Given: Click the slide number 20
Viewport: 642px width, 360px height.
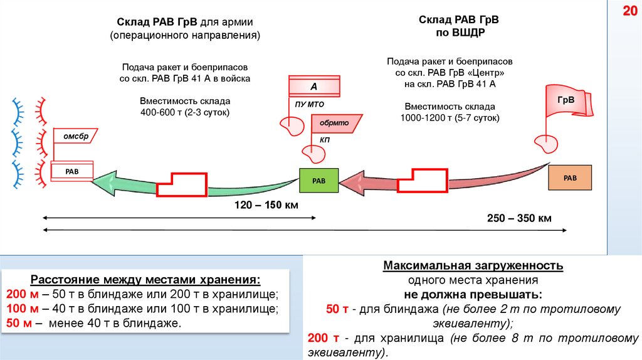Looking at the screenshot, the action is coord(628,12).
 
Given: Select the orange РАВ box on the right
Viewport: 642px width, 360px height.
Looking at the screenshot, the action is coord(570,178).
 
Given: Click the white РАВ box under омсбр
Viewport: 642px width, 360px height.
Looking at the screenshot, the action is coord(72,171).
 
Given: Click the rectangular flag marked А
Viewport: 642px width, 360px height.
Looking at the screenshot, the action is coord(314,86).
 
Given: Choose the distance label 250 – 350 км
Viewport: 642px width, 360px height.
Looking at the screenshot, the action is coord(519,218).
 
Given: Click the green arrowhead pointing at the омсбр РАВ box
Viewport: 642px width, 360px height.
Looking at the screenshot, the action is coord(107,183).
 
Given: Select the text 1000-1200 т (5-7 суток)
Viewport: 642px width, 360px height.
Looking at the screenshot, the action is coord(450,117).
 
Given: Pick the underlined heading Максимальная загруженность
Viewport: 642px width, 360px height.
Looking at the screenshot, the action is coord(473,266).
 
